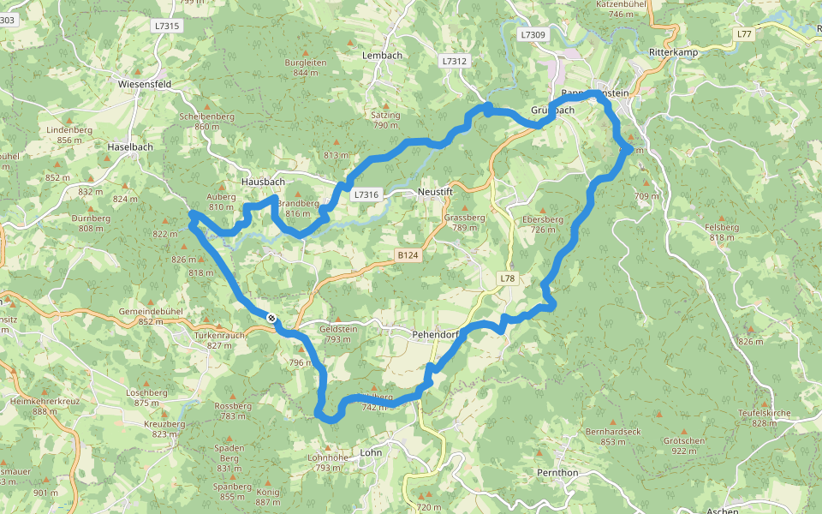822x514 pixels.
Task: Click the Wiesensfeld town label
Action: (146, 85)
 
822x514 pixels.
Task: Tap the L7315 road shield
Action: (168, 27)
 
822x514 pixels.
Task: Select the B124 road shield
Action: (408, 255)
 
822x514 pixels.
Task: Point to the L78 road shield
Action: (509, 279)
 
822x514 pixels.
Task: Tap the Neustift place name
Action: (435, 192)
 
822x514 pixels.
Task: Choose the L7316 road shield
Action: (366, 195)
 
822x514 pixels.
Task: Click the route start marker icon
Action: (271, 318)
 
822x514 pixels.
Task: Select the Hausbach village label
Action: (262, 182)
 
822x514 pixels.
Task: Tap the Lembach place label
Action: (382, 56)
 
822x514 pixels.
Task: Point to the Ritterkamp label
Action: (675, 52)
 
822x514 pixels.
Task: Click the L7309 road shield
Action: (532, 35)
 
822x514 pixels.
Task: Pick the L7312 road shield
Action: (456, 62)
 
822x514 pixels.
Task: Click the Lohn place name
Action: (371, 452)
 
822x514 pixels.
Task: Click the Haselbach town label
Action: (130, 147)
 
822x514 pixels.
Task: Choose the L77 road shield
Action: (744, 33)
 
